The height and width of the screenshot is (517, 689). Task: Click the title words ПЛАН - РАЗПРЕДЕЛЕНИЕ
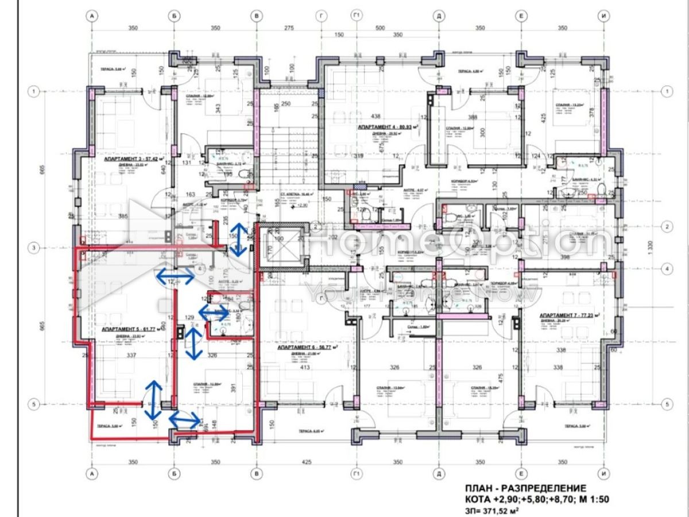click(x=525, y=487)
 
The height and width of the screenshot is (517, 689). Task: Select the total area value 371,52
click(x=497, y=510)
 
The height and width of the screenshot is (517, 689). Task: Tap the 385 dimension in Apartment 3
click(x=122, y=217)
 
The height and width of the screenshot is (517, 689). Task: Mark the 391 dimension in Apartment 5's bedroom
click(x=233, y=388)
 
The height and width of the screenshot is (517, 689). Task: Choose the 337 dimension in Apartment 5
click(x=131, y=356)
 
